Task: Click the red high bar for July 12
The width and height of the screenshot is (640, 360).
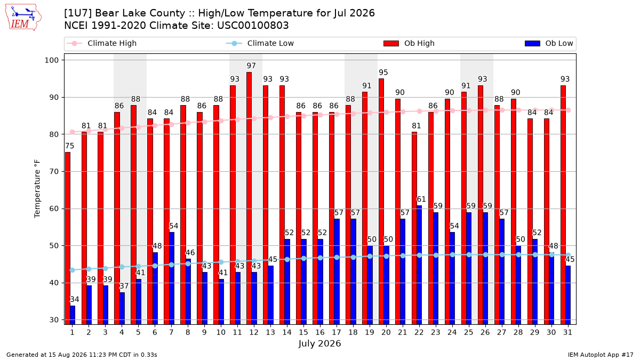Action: pos(249,198)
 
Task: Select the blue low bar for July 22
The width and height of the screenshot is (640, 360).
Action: pos(419,265)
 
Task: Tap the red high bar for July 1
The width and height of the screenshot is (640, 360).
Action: pos(67,238)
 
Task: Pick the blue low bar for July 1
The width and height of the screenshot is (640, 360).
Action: pos(73,315)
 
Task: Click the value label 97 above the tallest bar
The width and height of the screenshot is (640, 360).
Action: pos(251,66)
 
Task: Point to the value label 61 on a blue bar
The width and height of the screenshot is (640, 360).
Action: pos(421,199)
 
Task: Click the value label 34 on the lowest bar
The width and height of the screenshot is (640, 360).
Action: pos(75,299)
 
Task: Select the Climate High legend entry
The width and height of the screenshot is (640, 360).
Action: pos(102,43)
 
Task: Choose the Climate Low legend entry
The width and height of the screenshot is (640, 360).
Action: pos(260,43)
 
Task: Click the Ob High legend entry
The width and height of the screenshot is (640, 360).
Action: pos(409,43)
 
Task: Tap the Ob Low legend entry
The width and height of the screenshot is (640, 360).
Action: pos(549,43)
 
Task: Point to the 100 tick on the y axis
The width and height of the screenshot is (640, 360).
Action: pos(51,60)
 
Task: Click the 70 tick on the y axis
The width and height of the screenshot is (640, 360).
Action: pos(54,172)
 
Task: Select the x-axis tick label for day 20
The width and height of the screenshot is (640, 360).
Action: pos(386,332)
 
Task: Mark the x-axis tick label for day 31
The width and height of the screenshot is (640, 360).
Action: pos(567,332)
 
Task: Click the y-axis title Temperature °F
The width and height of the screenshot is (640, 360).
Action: pos(37,189)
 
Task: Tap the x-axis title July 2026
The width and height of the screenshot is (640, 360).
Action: pos(319,343)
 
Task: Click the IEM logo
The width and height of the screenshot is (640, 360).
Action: pos(23,18)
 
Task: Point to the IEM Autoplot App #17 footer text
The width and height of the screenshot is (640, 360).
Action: pos(601,355)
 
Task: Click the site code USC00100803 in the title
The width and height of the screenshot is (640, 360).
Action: pos(253,26)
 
